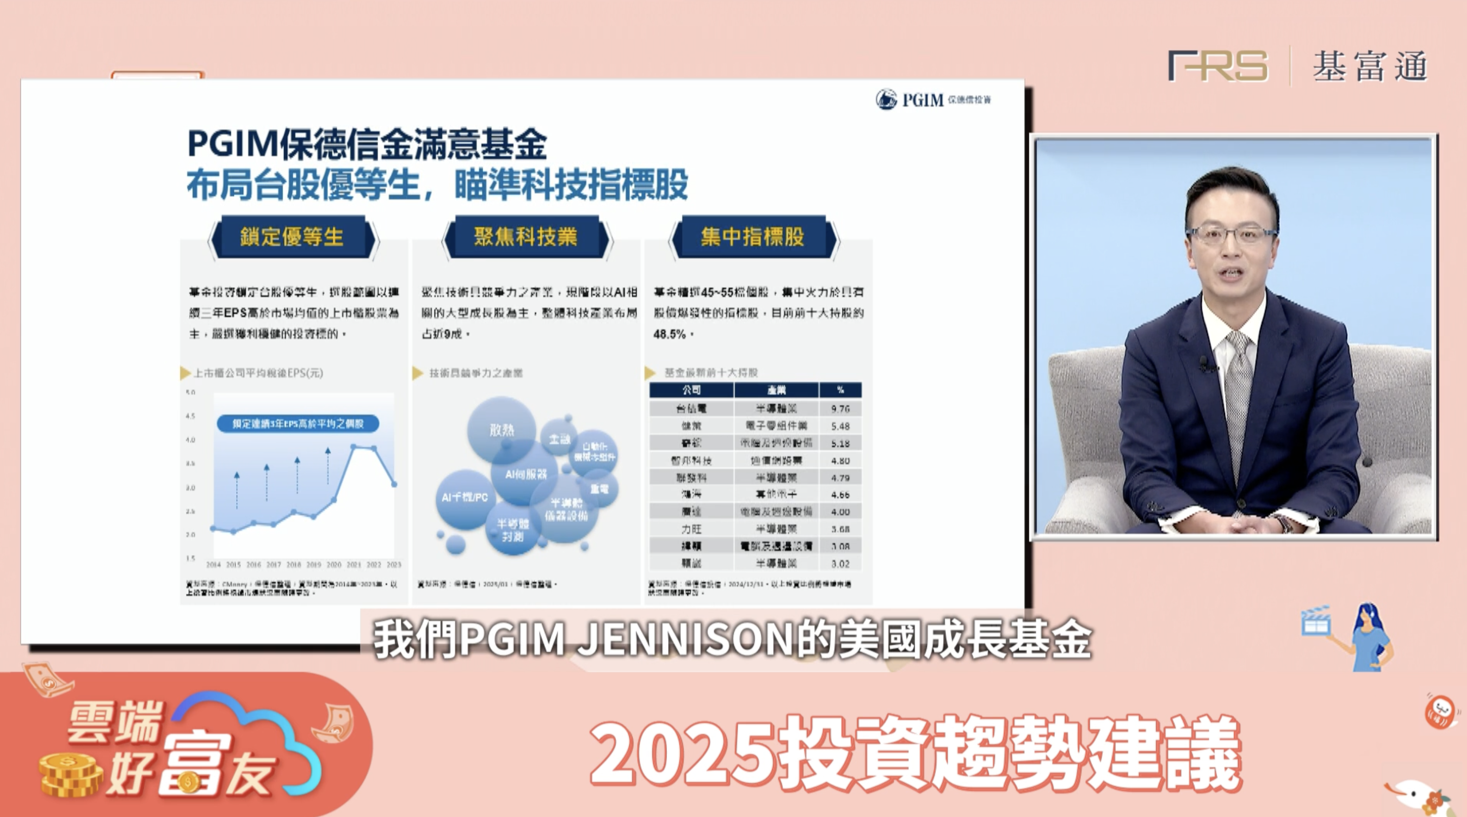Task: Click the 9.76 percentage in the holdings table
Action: pos(840,408)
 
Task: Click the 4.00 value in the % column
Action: pos(840,512)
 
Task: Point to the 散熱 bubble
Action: pos(501,429)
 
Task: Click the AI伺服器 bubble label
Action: pos(526,474)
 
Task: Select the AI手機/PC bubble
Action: pos(464,498)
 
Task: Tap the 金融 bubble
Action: pos(559,439)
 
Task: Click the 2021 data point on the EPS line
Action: pos(354,447)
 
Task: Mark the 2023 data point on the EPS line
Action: pos(394,484)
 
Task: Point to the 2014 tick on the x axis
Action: pos(213,565)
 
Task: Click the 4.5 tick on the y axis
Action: pos(190,417)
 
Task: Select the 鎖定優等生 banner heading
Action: pos(291,237)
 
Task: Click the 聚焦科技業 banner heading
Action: pos(525,237)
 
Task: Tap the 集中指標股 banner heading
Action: pos(752,237)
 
